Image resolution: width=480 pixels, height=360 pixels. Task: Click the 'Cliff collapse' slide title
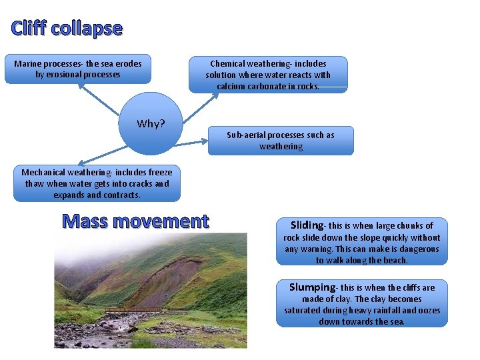tap(67, 29)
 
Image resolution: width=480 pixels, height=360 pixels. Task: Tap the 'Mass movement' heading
tap(135, 221)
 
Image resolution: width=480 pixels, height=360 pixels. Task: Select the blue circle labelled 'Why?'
tap(151, 123)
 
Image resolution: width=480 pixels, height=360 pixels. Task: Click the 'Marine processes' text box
tap(78, 69)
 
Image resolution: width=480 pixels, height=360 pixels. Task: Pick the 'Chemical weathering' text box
tap(268, 74)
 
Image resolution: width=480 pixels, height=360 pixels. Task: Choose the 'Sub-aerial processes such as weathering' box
tap(280, 141)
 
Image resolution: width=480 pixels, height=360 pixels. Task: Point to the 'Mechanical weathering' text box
tap(97, 183)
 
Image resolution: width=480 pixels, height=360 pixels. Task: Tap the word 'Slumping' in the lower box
tap(311, 287)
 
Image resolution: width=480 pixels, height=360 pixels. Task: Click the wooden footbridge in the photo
tap(133, 309)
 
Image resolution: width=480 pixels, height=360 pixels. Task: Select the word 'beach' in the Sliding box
tap(393, 260)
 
